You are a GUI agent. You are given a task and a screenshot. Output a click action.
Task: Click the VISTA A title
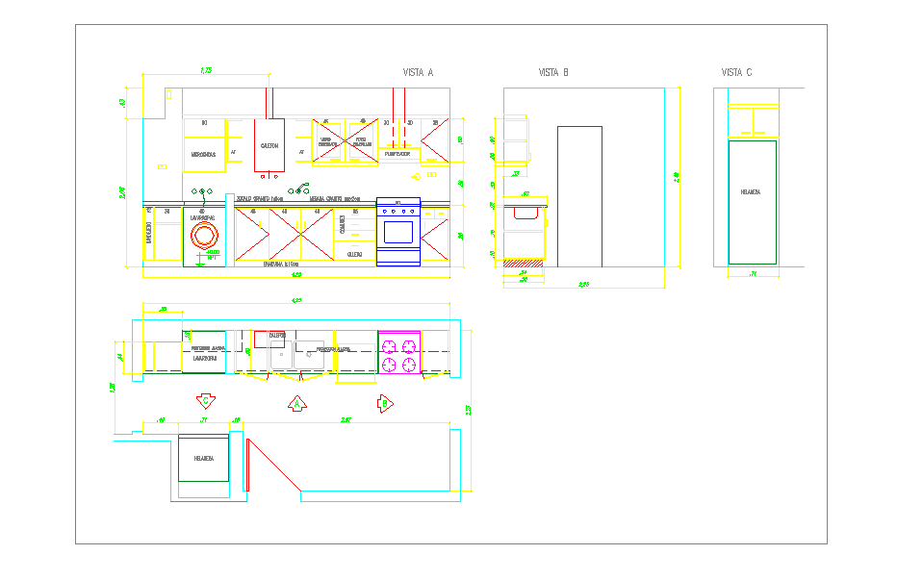tap(418, 72)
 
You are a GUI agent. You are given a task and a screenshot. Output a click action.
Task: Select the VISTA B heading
tap(553, 72)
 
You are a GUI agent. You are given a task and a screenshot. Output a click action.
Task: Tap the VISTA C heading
tap(736, 72)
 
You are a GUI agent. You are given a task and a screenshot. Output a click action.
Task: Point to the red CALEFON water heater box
tap(269, 145)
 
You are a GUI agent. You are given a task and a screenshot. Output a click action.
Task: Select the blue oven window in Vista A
tap(398, 232)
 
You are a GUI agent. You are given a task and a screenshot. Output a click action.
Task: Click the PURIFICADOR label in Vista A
tap(397, 154)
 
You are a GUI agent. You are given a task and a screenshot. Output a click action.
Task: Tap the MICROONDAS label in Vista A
tap(204, 154)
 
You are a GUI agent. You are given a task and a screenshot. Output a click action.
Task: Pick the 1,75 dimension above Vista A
tap(206, 70)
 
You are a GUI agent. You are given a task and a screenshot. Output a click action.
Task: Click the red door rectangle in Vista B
tap(579, 196)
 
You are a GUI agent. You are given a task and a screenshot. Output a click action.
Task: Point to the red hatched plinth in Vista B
tap(524, 262)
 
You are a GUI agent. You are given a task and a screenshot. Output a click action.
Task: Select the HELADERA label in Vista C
tap(751, 192)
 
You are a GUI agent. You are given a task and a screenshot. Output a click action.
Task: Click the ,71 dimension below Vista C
tap(753, 275)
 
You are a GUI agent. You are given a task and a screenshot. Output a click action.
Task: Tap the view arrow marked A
tap(297, 404)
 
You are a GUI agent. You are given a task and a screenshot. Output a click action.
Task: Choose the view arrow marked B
tap(385, 403)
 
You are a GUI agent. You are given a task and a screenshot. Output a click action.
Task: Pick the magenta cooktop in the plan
tap(398, 352)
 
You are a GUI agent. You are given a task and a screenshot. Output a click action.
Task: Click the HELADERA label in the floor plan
tap(204, 459)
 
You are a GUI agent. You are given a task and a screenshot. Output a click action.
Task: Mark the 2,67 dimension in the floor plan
tap(346, 419)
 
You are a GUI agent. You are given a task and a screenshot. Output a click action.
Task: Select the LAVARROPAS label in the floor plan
tap(204, 358)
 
